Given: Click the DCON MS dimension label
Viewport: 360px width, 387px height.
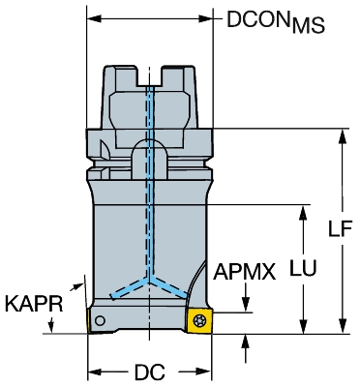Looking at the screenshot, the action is point(276,21).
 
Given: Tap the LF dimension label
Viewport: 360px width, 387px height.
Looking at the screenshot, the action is point(340,228).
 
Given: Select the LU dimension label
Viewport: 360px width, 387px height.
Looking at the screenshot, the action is point(303,267).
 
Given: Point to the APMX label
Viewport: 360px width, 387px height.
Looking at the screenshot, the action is point(245,272).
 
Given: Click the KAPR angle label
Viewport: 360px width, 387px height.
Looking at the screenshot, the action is point(34,304).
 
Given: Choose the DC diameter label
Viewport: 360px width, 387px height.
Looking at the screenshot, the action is point(150,372).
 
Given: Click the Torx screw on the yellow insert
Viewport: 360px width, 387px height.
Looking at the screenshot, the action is point(197,320).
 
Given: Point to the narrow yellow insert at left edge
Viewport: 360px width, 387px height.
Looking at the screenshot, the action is point(89,320).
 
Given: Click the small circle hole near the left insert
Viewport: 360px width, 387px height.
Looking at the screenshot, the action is point(100,320).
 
